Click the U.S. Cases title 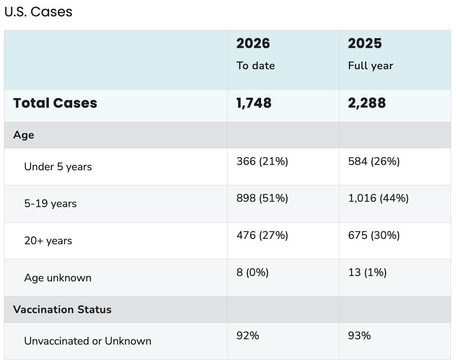coord(38,12)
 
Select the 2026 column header coord(253,43)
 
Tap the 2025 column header coord(365,43)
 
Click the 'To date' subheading coord(255,65)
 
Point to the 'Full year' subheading coord(370,65)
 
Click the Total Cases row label coord(55,103)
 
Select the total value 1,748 coord(254,103)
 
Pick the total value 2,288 coord(367,103)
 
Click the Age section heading coord(24,135)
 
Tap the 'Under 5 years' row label coord(58,167)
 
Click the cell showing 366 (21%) coord(262,162)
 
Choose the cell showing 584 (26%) coord(374,162)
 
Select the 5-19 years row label coord(50,204)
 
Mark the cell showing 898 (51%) coord(262,198)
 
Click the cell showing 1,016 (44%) coord(378,198)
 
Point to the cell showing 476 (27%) coord(262,235)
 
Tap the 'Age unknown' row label coord(58,278)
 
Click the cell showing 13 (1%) coord(367,272)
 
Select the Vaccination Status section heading coord(62,309)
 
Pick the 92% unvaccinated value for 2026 coord(248,336)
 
